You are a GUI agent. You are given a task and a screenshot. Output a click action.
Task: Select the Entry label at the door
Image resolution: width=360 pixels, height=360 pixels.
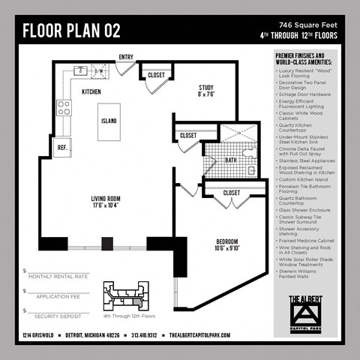126,57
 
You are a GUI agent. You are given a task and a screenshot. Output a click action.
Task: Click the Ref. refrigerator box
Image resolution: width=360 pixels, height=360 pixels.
62,148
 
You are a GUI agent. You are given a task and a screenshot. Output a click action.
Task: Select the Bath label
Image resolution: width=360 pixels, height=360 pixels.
231,160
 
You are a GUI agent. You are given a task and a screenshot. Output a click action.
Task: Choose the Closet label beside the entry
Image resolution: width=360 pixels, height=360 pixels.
156,75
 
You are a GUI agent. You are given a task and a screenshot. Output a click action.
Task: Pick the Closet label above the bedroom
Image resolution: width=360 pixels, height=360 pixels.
232,193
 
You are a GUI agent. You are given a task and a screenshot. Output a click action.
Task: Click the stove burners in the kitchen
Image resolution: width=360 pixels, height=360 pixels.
64,106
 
